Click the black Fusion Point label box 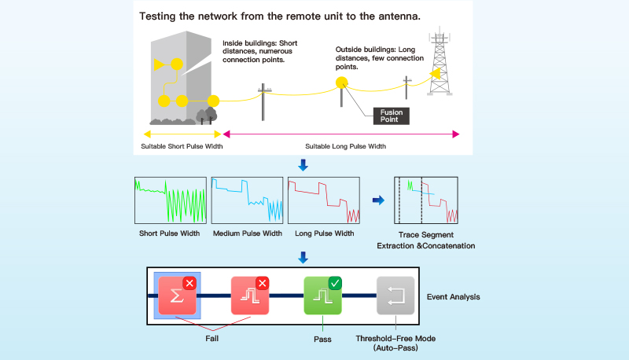[x=391, y=116]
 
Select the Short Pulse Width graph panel [x=171, y=200]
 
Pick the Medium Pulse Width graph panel [x=247, y=200]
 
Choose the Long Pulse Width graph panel [x=324, y=200]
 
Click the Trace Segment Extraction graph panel [x=426, y=200]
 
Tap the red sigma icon [x=178, y=296]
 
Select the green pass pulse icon [x=322, y=296]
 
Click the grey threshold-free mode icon [x=395, y=296]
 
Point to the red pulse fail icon [x=250, y=296]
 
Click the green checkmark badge [x=335, y=284]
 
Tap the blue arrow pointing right [x=378, y=200]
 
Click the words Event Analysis [x=454, y=296]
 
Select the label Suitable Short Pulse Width [x=182, y=146]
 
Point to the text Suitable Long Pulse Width [x=345, y=146]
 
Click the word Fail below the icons [x=212, y=338]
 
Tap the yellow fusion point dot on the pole [x=342, y=83]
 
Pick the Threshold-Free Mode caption [x=395, y=338]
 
